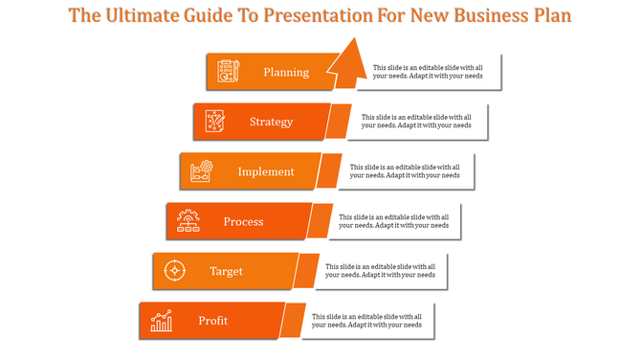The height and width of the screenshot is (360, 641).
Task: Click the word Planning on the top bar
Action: pyautogui.click(x=286, y=72)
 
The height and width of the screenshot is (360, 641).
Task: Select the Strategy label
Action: pyautogui.click(x=271, y=122)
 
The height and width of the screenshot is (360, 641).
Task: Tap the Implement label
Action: pyautogui.click(x=266, y=171)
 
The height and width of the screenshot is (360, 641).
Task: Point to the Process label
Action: pyautogui.click(x=243, y=221)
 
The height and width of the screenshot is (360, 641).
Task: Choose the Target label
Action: pyautogui.click(x=227, y=271)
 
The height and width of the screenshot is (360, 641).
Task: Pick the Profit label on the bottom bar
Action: pyautogui.click(x=213, y=321)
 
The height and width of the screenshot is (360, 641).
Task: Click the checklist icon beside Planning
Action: pyautogui.click(x=229, y=72)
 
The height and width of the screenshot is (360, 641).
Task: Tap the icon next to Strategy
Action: pyautogui.click(x=215, y=122)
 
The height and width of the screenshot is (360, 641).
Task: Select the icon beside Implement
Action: pyautogui.click(x=201, y=171)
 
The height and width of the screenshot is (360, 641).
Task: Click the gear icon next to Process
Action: pyautogui.click(x=188, y=222)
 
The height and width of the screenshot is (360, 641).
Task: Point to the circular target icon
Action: pyautogui.click(x=174, y=271)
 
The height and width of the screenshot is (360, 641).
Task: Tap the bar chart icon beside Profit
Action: pyautogui.click(x=161, y=321)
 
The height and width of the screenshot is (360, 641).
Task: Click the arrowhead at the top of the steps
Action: pyautogui.click(x=350, y=56)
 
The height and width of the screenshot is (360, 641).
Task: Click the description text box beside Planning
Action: pyautogui.click(x=429, y=72)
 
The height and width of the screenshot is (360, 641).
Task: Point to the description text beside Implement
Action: pyautogui.click(x=404, y=171)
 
